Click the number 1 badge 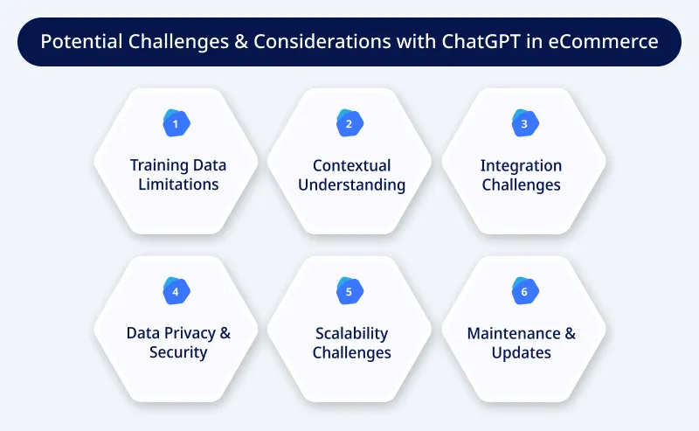(175, 124)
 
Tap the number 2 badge (349, 124)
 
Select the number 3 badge (523, 124)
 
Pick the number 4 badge (175, 292)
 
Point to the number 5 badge (349, 292)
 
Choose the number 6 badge (523, 292)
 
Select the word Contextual (351, 165)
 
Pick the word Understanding (351, 184)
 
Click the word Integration (522, 165)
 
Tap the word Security (177, 352)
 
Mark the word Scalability (351, 333)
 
